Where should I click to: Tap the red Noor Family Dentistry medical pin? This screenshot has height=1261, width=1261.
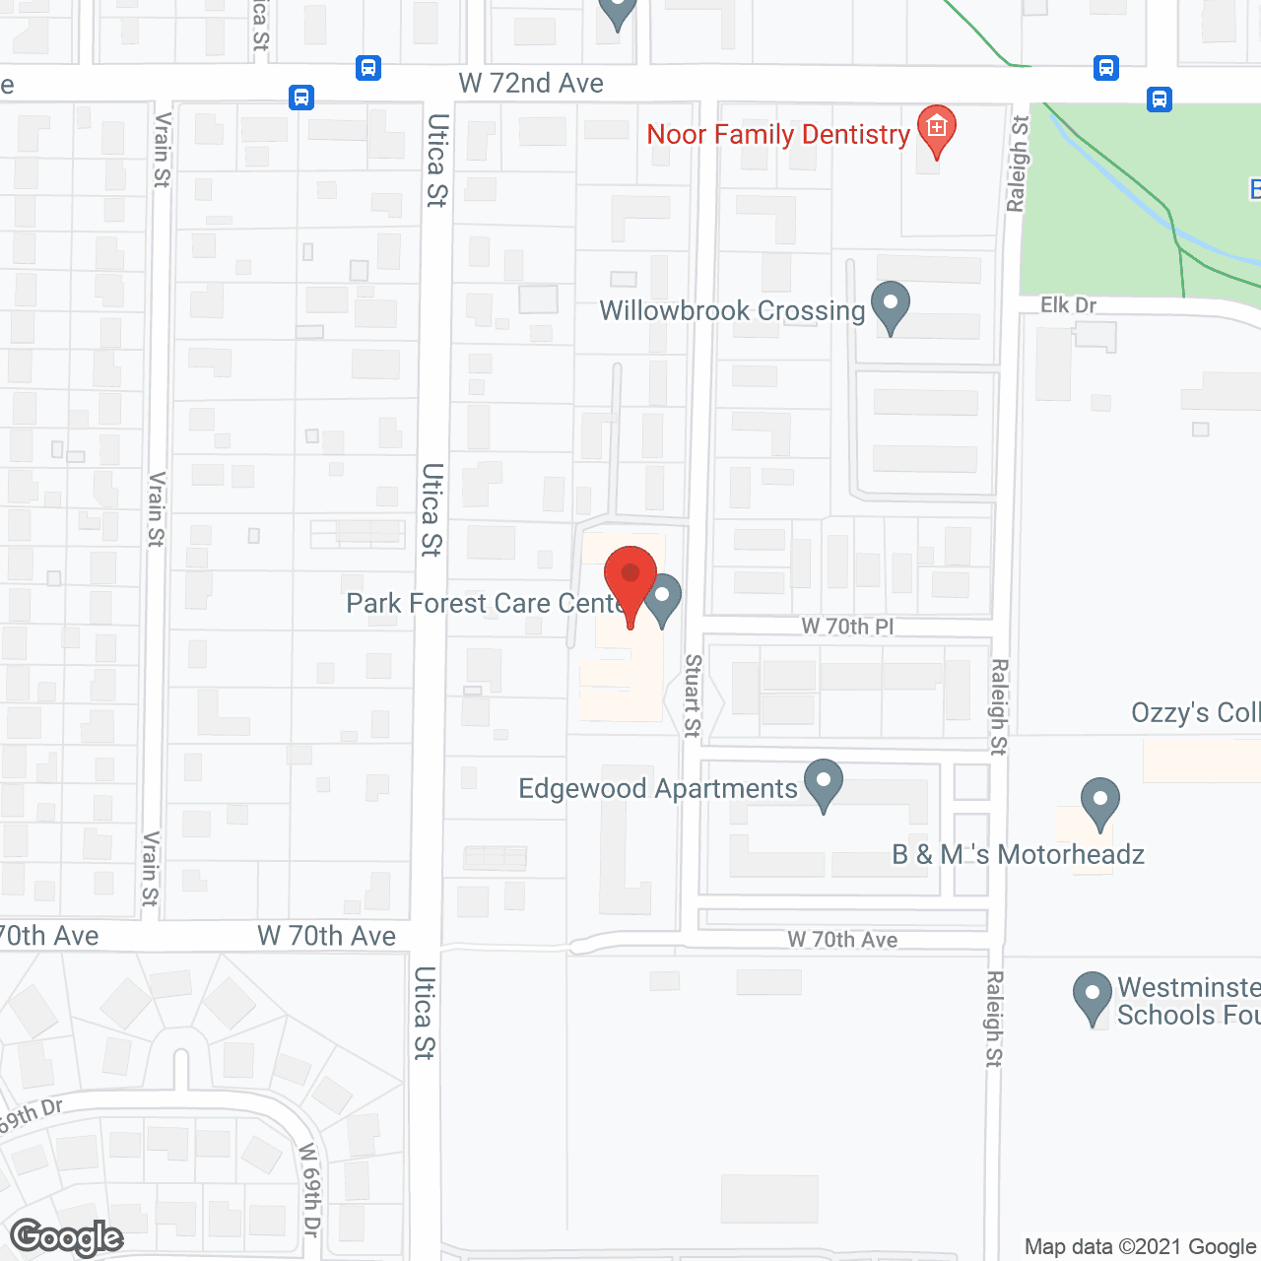point(936,129)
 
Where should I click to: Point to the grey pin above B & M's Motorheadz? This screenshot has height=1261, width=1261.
point(1100,801)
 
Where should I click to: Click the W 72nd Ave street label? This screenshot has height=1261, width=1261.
point(531,84)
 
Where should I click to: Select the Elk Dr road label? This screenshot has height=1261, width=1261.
point(1068,305)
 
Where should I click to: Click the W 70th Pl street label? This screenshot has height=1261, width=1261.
point(847,627)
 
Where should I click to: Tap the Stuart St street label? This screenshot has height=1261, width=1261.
point(693,696)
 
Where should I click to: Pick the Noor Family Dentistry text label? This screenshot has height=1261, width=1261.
point(777,135)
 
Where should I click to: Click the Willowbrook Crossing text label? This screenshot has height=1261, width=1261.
point(732,311)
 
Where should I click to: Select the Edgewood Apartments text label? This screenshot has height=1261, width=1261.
point(657,789)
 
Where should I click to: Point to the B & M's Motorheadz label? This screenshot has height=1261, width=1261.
point(1018,854)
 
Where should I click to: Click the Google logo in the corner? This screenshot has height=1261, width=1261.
point(67,1237)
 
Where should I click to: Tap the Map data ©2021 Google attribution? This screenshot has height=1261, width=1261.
point(1141,1247)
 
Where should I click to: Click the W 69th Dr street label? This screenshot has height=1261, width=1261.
point(309,1189)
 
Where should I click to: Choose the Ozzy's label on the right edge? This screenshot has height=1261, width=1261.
point(1194,712)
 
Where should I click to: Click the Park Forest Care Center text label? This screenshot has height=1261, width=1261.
point(483,603)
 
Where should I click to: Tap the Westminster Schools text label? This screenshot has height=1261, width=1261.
point(1188,1001)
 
